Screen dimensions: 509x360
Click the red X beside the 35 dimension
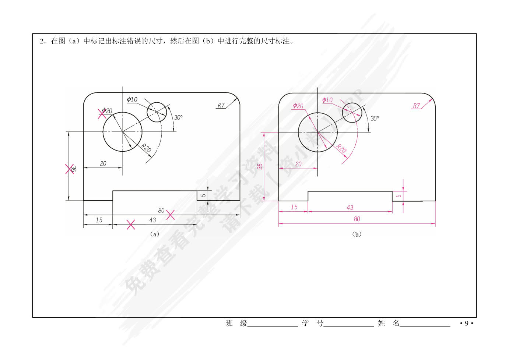(x=69, y=169)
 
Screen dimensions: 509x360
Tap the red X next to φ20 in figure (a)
(x=102, y=114)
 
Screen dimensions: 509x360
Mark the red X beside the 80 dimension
(x=171, y=215)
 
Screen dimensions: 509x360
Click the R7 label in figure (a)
(x=221, y=105)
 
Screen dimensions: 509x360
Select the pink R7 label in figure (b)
(x=416, y=106)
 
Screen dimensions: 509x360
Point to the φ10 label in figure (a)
(x=132, y=99)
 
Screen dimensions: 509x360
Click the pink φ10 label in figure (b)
(x=327, y=100)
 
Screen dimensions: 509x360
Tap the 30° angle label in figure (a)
(x=178, y=117)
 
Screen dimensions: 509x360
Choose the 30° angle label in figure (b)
(x=375, y=118)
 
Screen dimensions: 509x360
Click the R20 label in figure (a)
(x=145, y=148)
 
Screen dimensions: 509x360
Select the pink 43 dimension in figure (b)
(x=350, y=207)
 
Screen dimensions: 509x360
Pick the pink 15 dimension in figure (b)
(x=294, y=207)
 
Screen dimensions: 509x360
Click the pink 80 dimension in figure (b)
(x=357, y=219)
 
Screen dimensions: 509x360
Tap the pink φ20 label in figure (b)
(x=298, y=106)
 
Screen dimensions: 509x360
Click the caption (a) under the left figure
(x=155, y=234)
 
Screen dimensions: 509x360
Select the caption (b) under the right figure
(x=357, y=234)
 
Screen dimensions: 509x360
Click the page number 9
(x=467, y=323)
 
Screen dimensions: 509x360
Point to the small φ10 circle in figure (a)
(x=157, y=112)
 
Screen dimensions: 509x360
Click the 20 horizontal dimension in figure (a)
(x=103, y=163)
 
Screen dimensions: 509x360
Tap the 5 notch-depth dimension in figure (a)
(x=204, y=195)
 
